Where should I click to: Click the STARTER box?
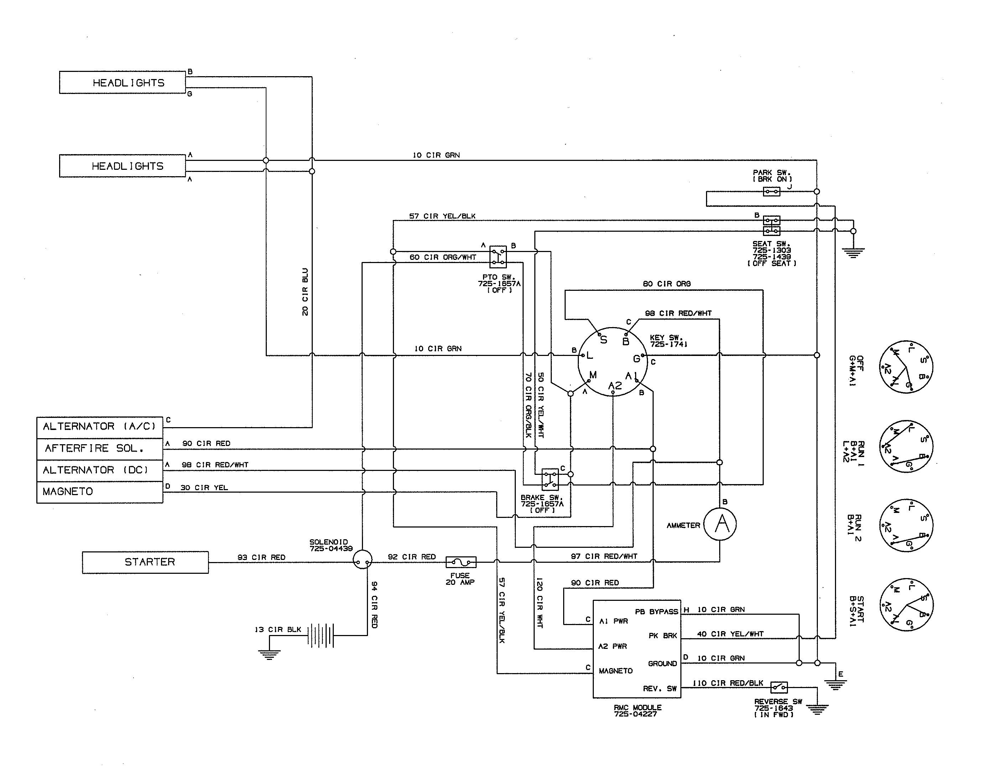coord(145,562)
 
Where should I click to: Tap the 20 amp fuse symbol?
coord(461,562)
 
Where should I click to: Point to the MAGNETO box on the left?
coord(99,492)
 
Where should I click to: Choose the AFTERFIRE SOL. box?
coord(99,449)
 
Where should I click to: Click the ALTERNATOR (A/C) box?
coord(99,427)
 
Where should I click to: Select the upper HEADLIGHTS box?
coord(122,83)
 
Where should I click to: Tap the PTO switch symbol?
coord(498,257)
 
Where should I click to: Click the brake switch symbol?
coord(550,479)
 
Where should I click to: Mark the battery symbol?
coord(321,635)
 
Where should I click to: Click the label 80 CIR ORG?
coord(666,284)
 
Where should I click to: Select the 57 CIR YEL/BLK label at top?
coord(442,216)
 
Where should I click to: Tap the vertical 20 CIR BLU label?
coord(305,292)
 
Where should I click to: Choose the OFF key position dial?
coord(905,366)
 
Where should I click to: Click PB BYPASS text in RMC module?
coord(656,612)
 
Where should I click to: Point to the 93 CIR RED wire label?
coord(261,557)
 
